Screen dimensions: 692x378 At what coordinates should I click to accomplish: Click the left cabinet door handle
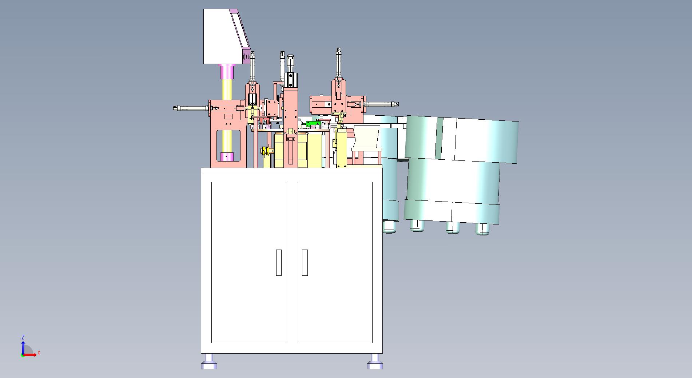coord(279,262)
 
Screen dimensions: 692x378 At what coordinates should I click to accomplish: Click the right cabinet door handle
coord(305,262)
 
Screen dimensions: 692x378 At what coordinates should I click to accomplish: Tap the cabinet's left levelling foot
coord(209,362)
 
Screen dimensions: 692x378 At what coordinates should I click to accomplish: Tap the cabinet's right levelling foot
coord(375,362)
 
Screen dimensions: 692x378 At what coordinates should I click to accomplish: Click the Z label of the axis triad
coord(23,337)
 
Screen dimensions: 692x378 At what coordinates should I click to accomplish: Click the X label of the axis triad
coord(39,353)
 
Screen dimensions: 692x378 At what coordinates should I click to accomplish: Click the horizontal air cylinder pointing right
coord(382,104)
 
